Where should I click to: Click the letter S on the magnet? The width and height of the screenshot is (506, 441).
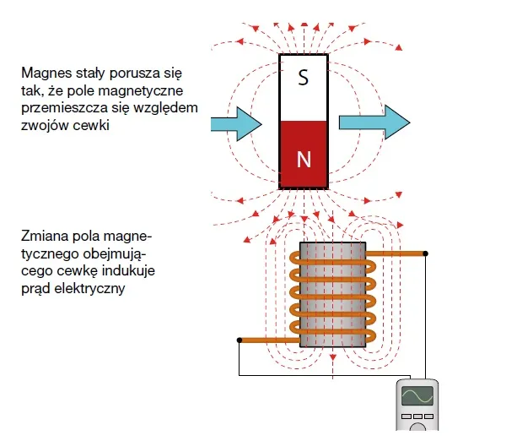pos(304,79)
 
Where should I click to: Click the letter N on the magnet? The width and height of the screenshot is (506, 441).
pos(304,158)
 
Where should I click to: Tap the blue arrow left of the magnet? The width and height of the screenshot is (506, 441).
pos(235,122)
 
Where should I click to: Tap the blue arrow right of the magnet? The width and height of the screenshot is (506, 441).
pos(374,122)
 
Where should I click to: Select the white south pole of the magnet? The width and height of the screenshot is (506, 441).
pos(304,88)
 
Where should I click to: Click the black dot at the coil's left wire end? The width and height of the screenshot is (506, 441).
pos(240,340)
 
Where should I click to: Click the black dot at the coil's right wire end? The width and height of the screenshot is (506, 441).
pos(426,253)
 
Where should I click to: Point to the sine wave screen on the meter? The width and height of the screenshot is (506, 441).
pos(417,397)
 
